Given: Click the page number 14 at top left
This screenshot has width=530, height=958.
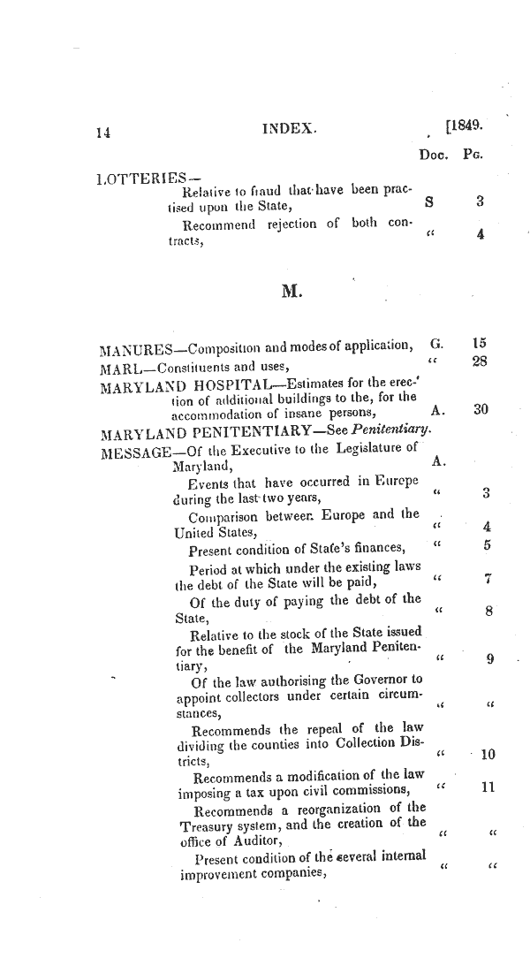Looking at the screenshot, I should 105,133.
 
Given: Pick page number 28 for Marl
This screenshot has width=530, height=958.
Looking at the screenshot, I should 481,361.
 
